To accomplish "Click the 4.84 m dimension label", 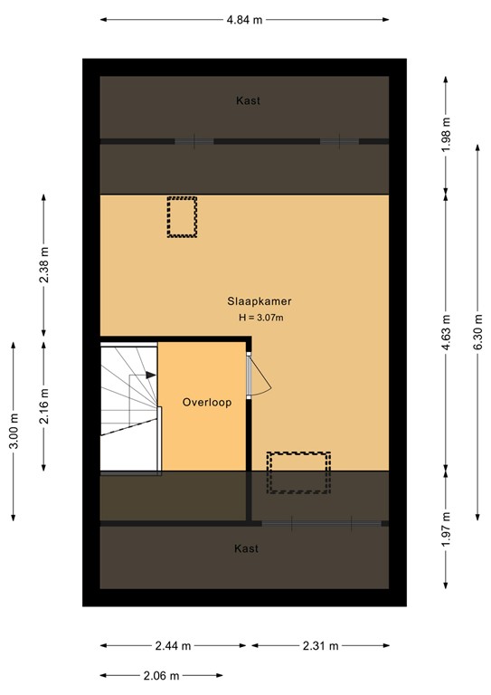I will click(x=244, y=19).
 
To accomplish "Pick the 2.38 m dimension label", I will click(x=44, y=265).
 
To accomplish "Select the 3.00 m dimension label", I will click(x=13, y=431).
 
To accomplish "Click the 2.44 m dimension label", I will click(x=172, y=646).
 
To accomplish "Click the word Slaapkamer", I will click(x=259, y=302).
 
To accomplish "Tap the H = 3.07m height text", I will click(x=260, y=318).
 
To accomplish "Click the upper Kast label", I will click(x=248, y=101).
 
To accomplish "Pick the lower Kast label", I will click(x=246, y=548).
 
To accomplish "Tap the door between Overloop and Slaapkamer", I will click(x=256, y=374).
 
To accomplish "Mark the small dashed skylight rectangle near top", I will click(x=182, y=217).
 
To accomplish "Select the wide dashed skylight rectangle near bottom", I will click(x=297, y=472).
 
